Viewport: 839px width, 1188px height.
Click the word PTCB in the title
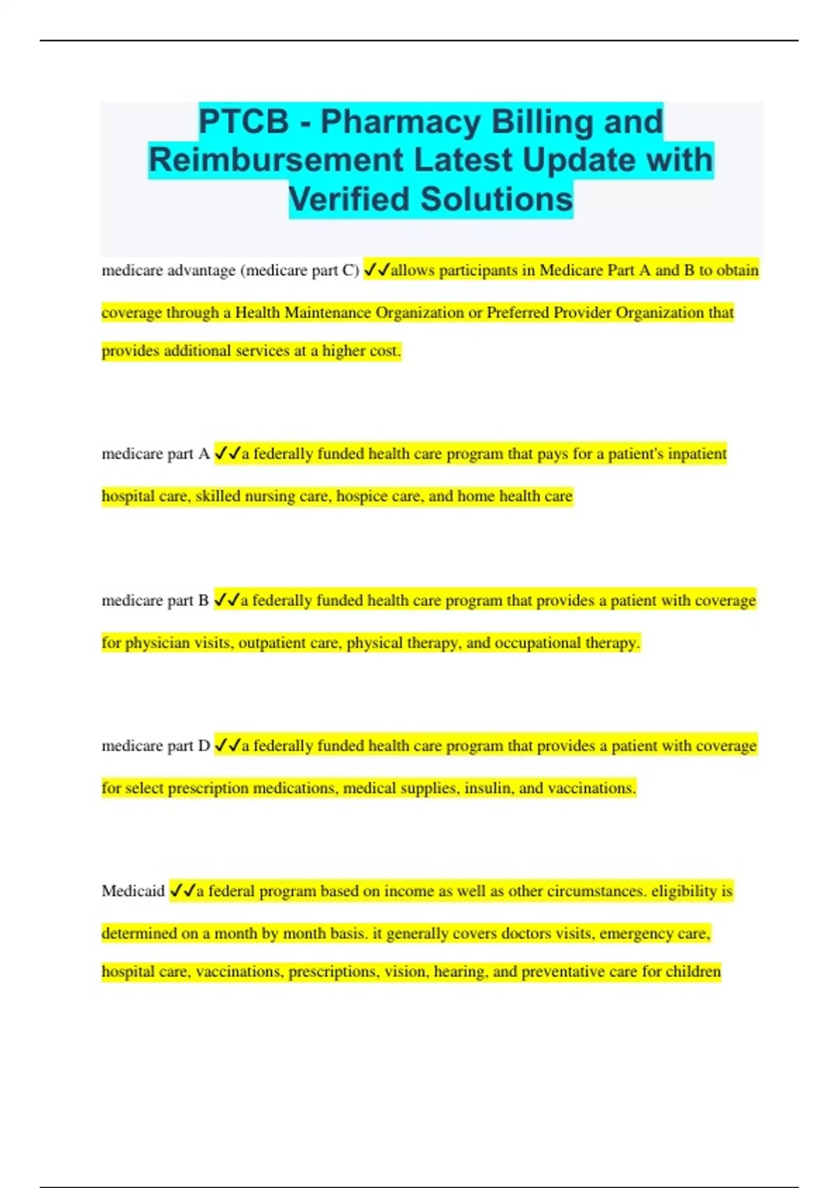tap(243, 122)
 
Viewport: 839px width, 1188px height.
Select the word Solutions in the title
tap(496, 199)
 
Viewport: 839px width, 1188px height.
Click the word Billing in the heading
tap(542, 122)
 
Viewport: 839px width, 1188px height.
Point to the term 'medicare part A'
tap(155, 454)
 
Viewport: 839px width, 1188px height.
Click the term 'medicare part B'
tap(155, 601)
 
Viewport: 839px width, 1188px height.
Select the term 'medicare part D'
tap(155, 746)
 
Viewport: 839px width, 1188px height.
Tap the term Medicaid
tap(133, 891)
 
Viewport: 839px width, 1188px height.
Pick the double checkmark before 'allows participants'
tap(377, 270)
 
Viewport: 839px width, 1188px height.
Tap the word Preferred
tap(518, 312)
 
